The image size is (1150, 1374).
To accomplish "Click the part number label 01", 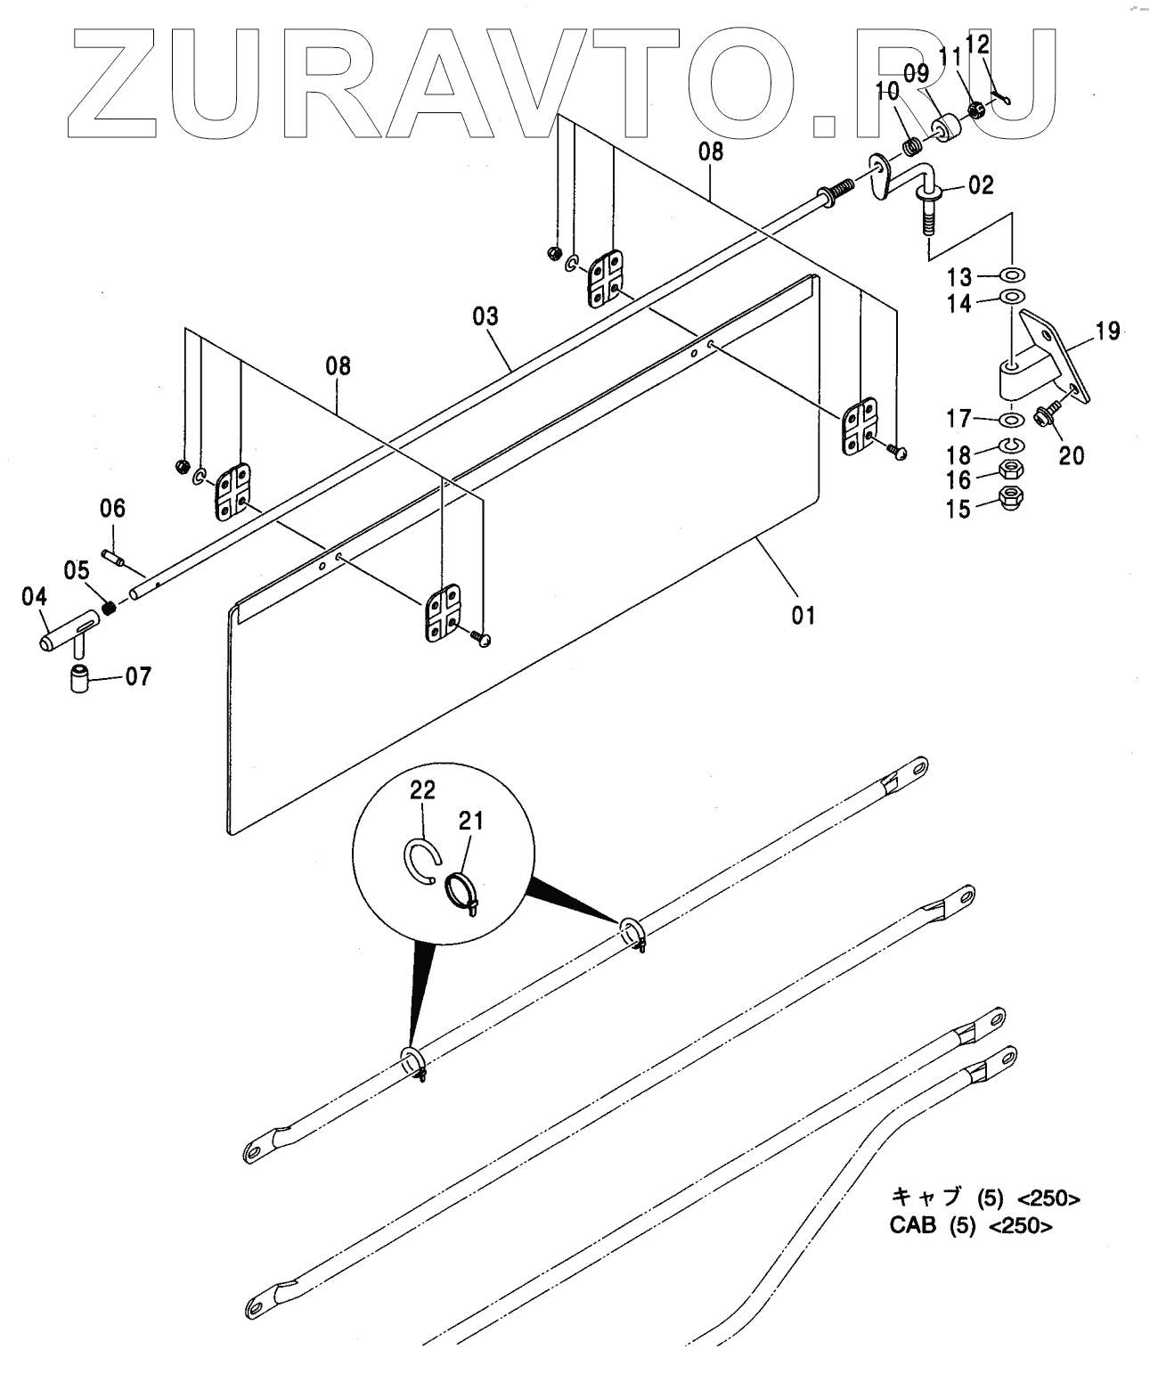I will (x=803, y=615).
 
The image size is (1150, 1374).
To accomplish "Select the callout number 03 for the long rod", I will (x=485, y=316).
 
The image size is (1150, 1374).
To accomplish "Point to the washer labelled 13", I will (x=1012, y=273).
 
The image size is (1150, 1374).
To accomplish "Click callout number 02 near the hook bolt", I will (x=981, y=186).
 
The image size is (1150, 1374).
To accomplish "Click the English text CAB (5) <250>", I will (x=971, y=1225).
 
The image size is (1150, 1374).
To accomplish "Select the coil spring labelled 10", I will (x=909, y=144).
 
